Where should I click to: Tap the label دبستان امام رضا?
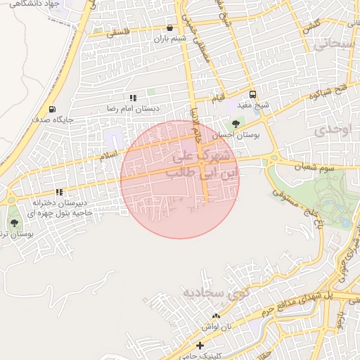pos(133,109)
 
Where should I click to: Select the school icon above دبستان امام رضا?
pos(132,98)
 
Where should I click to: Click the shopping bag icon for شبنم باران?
pos(169,28)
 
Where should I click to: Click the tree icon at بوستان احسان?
pos(235,123)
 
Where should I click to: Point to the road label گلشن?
pos(312,25)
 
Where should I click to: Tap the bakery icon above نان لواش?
pos(216,316)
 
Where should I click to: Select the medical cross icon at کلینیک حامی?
pos(200,345)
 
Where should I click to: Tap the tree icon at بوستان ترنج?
pos(14,222)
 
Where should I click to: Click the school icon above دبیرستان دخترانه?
pos(60,191)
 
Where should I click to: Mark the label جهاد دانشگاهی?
pos(33,4)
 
